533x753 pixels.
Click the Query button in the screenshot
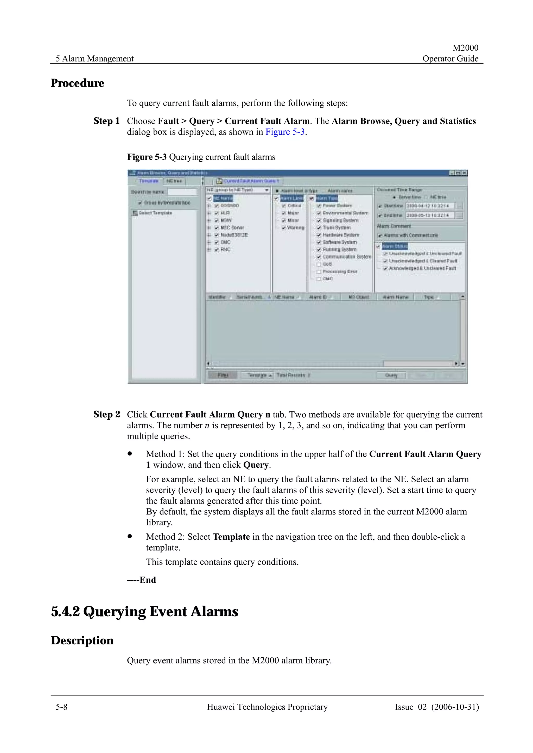tap(391, 375)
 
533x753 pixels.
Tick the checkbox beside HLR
tap(217, 213)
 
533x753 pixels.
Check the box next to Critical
tap(284, 206)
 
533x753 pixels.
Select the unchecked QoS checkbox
tap(319, 264)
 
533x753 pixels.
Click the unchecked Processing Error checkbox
tap(319, 272)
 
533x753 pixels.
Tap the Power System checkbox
tap(319, 206)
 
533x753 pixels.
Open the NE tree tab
tap(174, 181)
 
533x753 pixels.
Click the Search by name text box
tap(183, 192)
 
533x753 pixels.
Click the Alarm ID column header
tap(318, 297)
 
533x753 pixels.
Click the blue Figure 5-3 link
tap(285, 132)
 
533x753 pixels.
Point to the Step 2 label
tap(106, 414)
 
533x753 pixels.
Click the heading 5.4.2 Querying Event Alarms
tap(144, 612)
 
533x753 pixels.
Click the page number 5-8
tap(61, 707)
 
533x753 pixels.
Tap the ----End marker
tap(142, 580)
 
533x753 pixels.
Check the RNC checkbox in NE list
tap(217, 250)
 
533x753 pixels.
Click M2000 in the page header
tap(465, 48)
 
